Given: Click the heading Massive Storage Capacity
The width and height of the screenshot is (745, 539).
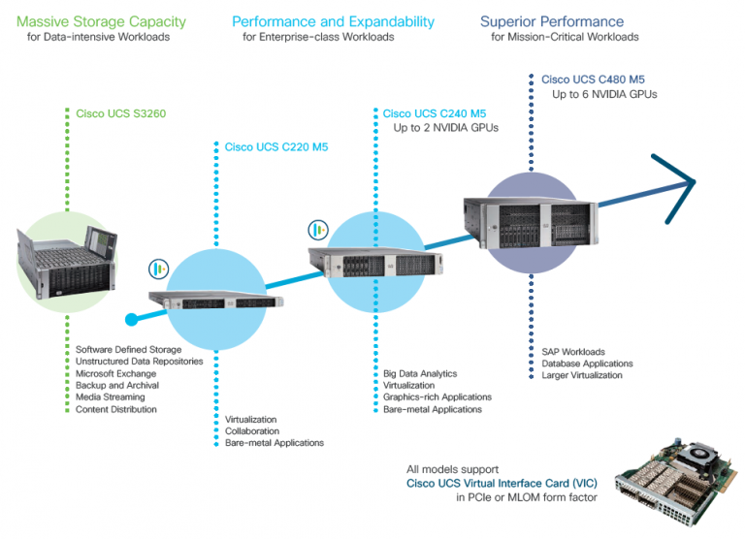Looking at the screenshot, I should [101, 21].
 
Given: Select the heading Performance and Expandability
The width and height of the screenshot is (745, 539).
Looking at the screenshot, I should [333, 21].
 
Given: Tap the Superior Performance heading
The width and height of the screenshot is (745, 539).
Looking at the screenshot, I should [552, 21].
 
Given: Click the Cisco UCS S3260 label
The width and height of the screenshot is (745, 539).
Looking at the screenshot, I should [121, 113].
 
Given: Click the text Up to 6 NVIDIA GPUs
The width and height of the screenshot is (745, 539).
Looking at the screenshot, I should [604, 94].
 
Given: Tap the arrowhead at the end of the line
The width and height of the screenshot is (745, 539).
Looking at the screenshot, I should [685, 179].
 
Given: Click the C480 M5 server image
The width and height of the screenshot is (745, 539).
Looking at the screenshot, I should [530, 217].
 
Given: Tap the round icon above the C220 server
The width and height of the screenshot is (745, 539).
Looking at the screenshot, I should [158, 269].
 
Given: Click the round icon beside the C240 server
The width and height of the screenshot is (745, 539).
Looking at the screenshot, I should [316, 230].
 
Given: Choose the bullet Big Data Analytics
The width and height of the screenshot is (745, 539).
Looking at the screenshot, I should [420, 373].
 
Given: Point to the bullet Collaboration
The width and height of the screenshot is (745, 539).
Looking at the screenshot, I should [252, 431].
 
